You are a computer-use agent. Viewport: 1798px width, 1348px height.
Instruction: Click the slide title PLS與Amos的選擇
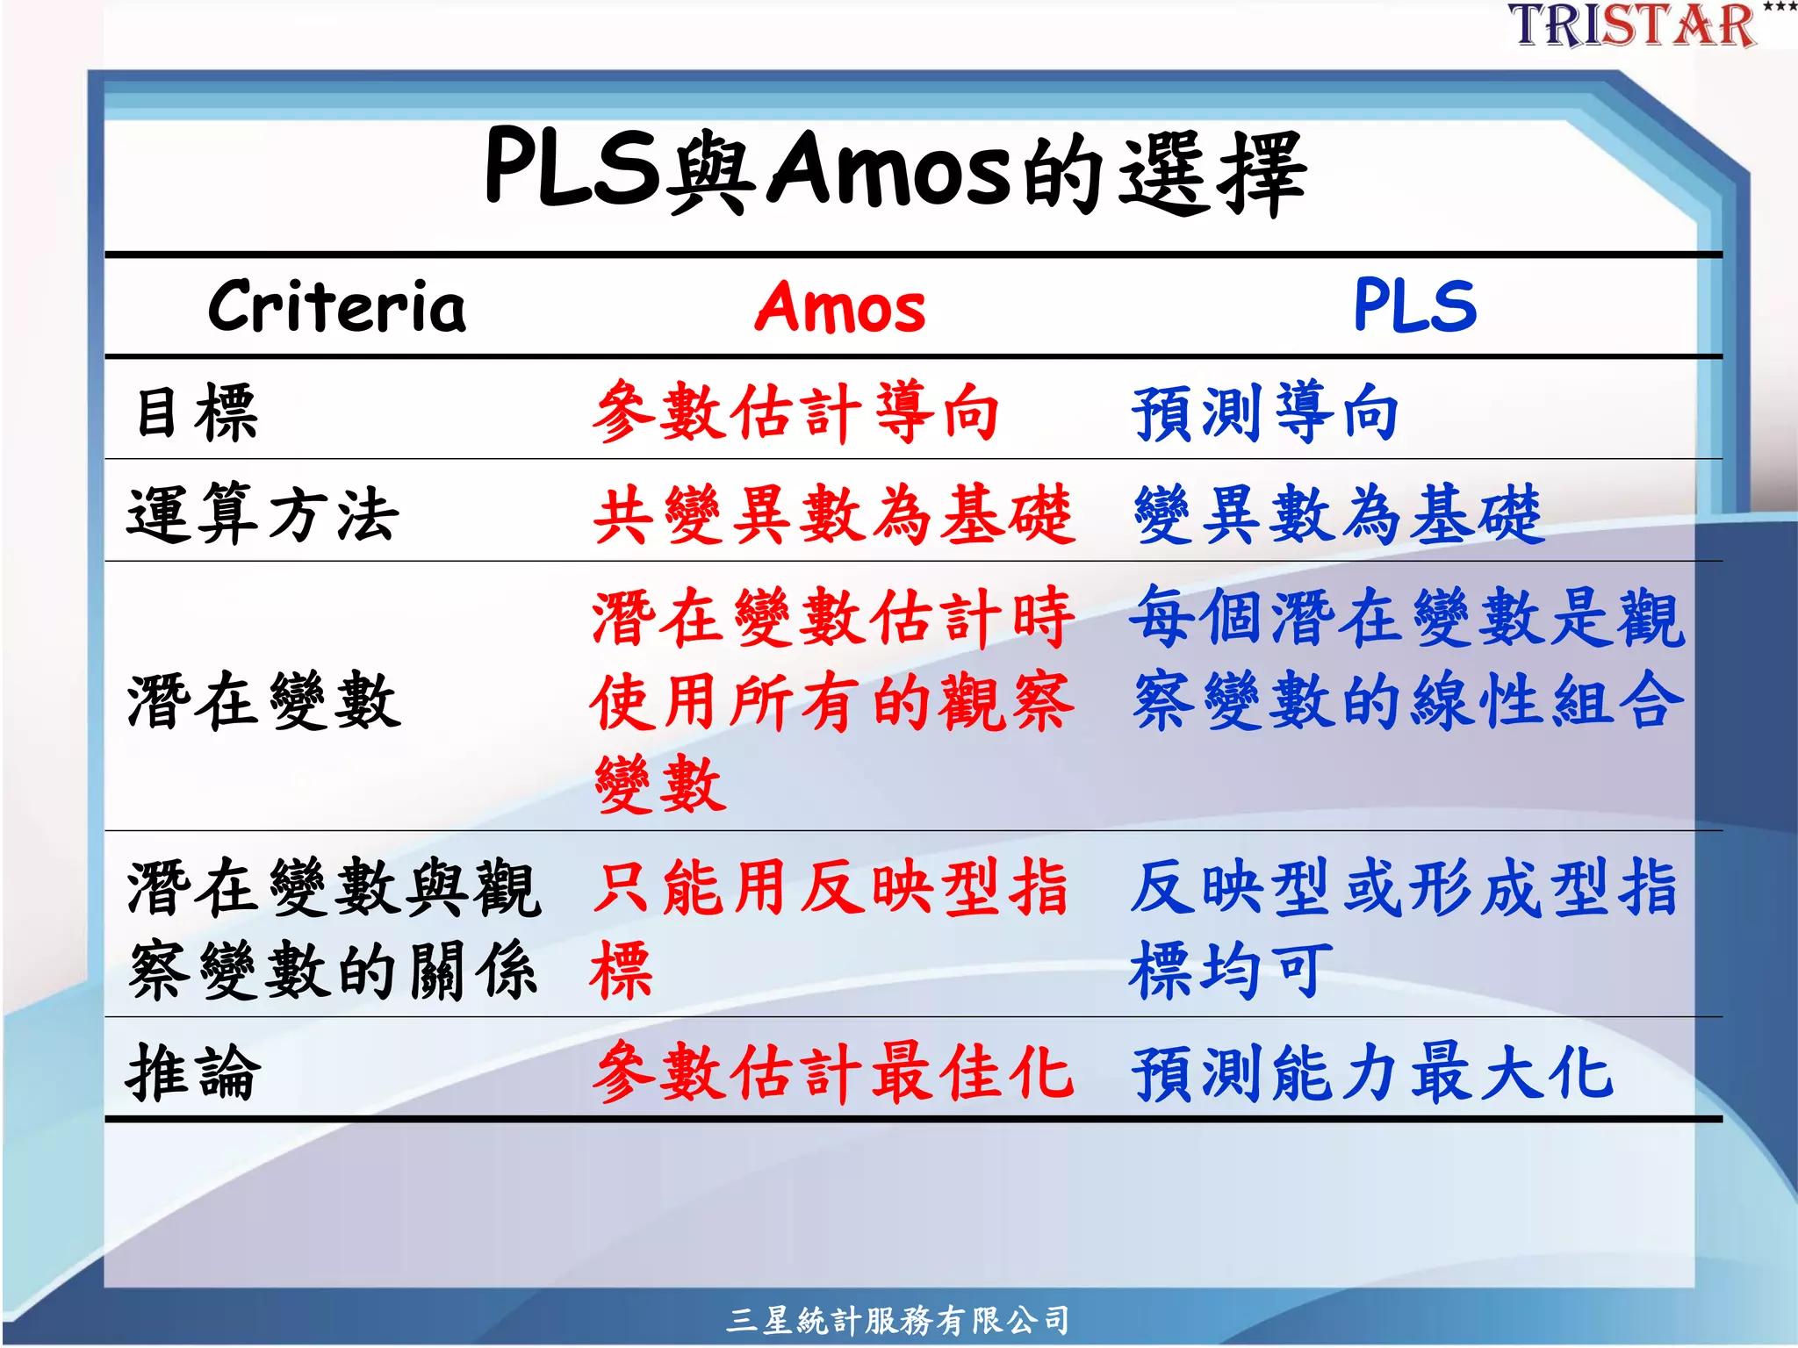tap(895, 171)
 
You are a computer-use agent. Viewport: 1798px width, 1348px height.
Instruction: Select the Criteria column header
tap(337, 307)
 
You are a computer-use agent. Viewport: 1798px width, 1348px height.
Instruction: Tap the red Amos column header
tap(840, 308)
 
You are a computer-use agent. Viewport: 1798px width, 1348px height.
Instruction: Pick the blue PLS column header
tap(1414, 306)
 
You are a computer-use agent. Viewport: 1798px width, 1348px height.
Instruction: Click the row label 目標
tap(197, 412)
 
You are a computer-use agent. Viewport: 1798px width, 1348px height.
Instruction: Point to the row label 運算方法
tap(263, 513)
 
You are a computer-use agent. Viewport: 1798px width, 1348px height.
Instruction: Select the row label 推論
tap(194, 1072)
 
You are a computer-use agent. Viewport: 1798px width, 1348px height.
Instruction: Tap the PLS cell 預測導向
tap(1265, 412)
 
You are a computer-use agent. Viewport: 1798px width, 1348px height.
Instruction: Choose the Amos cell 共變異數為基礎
tap(833, 514)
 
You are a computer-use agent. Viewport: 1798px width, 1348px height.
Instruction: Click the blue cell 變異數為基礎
tap(1338, 514)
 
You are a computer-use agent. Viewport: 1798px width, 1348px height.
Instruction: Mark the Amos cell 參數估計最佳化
tap(833, 1072)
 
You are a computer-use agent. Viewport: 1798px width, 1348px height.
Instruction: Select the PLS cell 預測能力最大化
tap(1372, 1072)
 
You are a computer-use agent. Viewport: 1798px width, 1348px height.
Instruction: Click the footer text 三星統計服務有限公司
tap(897, 1319)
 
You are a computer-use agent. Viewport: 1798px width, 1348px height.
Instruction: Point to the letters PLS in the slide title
tap(572, 167)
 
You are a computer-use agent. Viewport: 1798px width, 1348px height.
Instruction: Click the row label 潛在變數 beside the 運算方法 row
tap(263, 700)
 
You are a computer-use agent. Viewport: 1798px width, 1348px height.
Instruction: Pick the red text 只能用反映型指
tap(831, 888)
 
